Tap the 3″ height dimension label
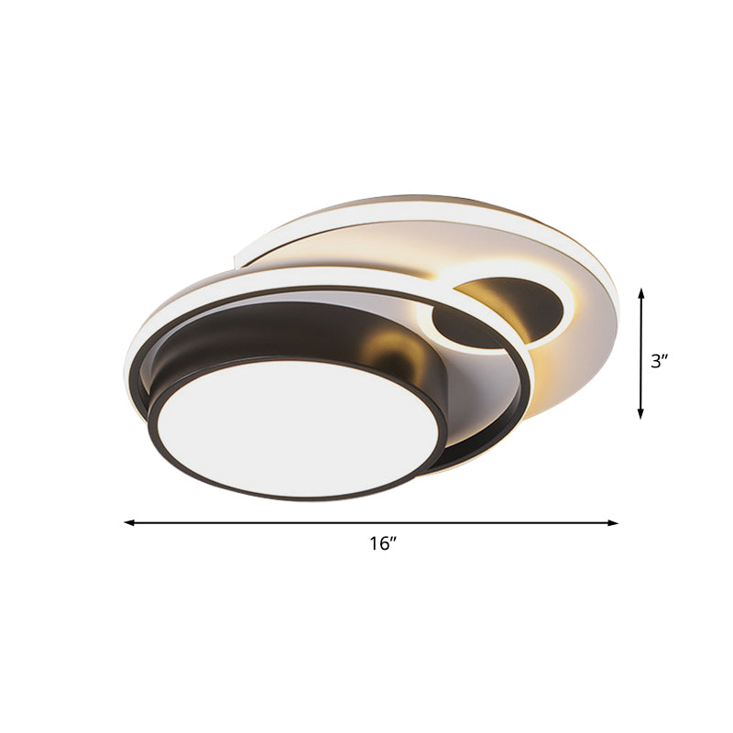coord(659,361)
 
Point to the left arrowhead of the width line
coord(128,523)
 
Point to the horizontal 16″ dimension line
coord(275,523)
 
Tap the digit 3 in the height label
coord(655,361)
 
